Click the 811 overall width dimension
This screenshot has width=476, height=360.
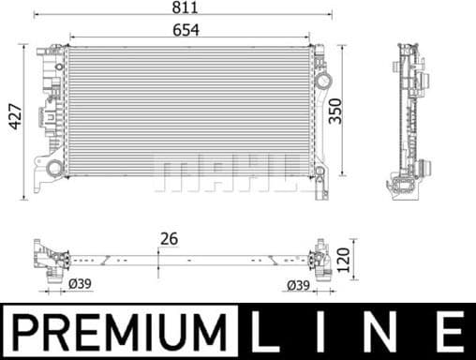(185, 7)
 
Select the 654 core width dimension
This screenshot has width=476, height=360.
(185, 31)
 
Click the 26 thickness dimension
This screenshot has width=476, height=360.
(170, 240)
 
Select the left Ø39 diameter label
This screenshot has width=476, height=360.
(81, 283)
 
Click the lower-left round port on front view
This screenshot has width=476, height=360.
(55, 169)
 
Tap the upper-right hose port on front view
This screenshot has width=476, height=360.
(323, 81)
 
